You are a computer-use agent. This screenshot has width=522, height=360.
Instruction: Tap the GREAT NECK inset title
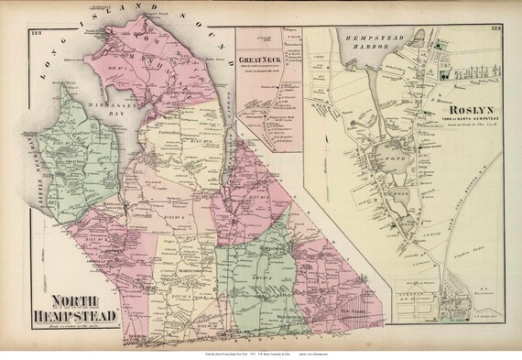click(x=261, y=61)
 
